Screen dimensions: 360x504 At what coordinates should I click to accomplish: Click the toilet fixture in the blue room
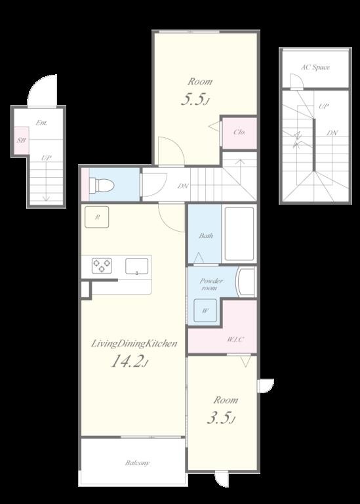point(102,185)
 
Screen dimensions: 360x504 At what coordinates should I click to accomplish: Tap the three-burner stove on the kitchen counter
point(102,266)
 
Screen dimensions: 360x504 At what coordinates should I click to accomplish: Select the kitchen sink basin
point(137,266)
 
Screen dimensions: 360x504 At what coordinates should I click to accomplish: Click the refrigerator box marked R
point(96,217)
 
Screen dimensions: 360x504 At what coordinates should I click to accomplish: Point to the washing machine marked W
point(205,310)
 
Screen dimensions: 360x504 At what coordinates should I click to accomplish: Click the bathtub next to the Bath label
point(239,234)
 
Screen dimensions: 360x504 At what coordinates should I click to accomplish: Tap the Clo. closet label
point(239,132)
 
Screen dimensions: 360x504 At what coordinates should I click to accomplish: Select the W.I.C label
point(235,339)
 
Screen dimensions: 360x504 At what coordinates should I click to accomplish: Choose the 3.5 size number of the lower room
point(221,418)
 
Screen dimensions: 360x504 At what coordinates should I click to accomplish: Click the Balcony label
point(137,463)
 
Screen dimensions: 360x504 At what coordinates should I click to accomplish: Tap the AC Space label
point(315,67)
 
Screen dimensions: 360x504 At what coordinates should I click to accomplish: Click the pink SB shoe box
point(22,140)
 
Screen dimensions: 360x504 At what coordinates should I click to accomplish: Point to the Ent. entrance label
point(42,123)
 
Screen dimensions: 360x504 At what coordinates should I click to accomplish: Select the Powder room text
point(211,284)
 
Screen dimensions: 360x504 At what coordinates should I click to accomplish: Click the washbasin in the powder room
point(246,282)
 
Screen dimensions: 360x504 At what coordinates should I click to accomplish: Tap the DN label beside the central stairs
point(183,186)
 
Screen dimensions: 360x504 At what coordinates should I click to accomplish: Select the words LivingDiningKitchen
point(134,344)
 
